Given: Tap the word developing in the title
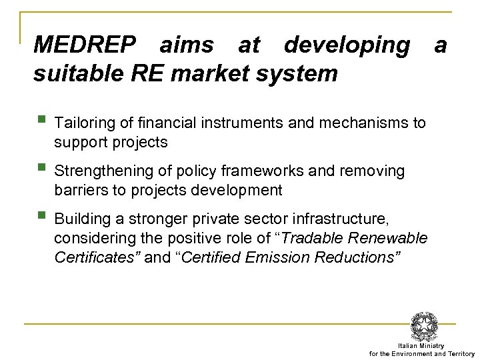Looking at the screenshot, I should pyautogui.click(x=347, y=45).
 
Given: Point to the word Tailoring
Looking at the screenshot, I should pyautogui.click(x=85, y=123).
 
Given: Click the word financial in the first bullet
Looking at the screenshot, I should pyautogui.click(x=151, y=123).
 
